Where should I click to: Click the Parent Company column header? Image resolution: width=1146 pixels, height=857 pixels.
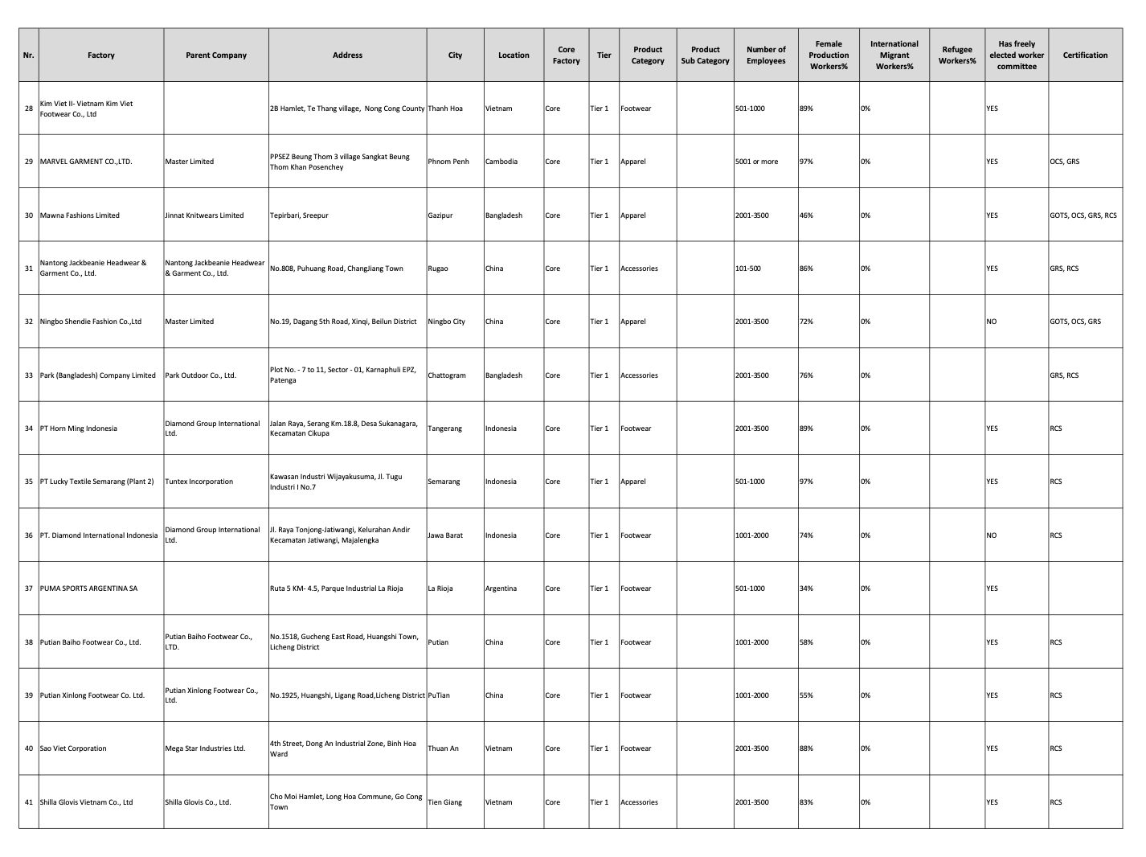tap(215, 55)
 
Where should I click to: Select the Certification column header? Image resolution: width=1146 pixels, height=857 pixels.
tap(1084, 55)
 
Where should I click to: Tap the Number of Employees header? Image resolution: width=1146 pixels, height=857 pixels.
tap(765, 55)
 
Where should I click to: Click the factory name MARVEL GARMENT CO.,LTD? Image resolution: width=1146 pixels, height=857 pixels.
tap(86, 162)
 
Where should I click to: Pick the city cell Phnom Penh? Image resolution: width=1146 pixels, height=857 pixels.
tap(448, 162)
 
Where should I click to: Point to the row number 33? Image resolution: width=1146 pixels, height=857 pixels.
tap(29, 375)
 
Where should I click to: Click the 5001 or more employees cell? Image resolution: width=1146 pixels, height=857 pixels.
tap(756, 162)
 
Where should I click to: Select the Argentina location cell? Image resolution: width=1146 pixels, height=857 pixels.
tap(501, 588)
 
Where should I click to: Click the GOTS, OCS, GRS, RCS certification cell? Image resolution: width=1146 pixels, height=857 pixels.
tap(1083, 215)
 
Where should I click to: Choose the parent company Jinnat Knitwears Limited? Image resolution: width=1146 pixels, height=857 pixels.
tap(204, 215)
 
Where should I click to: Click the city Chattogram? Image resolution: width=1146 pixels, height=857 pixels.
tap(447, 375)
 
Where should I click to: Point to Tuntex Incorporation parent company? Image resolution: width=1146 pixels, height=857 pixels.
tap(199, 482)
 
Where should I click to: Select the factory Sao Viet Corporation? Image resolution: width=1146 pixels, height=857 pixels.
tap(73, 748)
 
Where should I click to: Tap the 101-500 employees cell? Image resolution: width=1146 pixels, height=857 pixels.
tap(747, 269)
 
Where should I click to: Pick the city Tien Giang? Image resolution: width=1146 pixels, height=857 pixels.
tap(445, 802)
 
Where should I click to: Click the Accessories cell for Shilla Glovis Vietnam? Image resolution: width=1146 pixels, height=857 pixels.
tap(639, 802)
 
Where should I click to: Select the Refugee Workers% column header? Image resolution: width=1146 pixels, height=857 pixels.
tap(956, 55)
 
